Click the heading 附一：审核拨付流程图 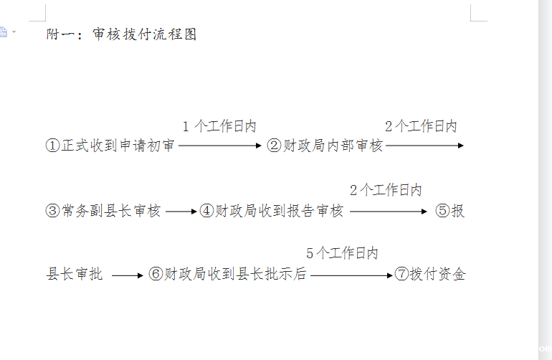(121, 34)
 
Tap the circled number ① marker (52, 146)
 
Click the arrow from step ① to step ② (221, 146)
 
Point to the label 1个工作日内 (219, 127)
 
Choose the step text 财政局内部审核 (333, 146)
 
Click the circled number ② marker (274, 146)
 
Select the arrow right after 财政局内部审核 (425, 146)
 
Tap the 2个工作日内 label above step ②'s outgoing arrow (421, 127)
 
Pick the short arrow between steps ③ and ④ (181, 212)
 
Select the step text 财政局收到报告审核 (280, 211)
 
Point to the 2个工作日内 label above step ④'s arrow (386, 191)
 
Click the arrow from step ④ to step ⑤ (389, 212)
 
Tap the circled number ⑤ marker (442, 211)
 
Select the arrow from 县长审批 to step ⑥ (128, 275)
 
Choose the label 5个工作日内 (342, 253)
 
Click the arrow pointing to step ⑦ (352, 275)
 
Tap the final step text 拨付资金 (437, 275)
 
